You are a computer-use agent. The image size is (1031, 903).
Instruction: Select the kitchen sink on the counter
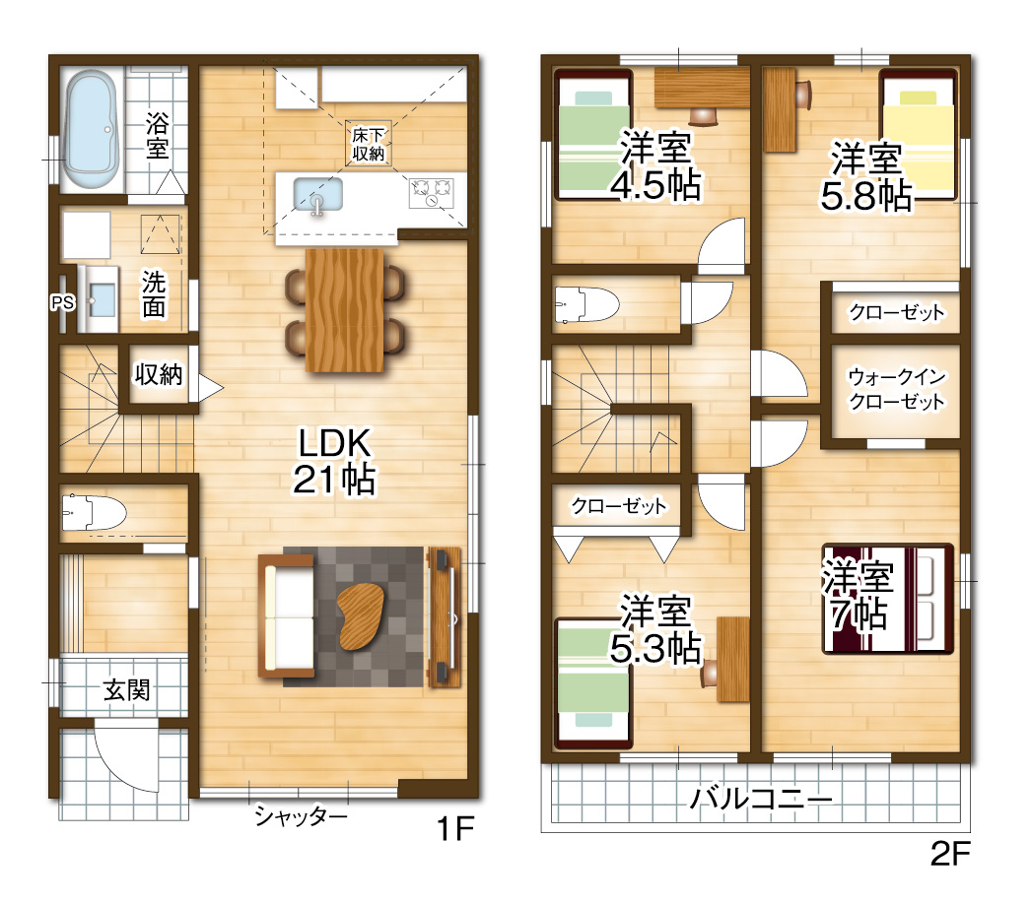[316, 195]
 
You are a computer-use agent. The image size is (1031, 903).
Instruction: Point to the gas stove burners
[433, 191]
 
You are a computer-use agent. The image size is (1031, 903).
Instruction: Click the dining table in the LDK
[343, 310]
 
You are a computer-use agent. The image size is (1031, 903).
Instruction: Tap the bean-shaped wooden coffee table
[363, 615]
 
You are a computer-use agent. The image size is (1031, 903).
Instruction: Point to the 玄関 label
[127, 690]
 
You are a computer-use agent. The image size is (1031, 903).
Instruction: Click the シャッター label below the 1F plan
[301, 816]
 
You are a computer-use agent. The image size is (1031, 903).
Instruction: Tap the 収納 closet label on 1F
[159, 374]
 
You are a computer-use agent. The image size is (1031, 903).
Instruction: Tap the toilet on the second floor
[587, 305]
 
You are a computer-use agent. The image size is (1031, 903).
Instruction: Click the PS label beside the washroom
[62, 302]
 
